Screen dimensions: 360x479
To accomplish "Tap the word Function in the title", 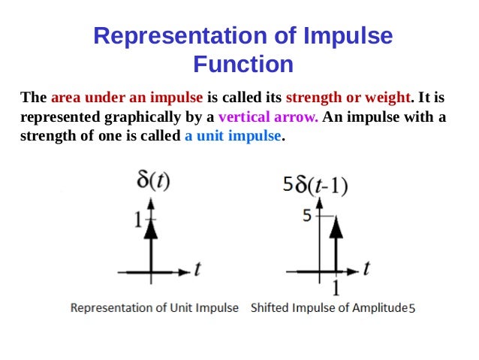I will tap(243, 65).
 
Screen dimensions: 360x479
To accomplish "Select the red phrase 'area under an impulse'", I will tap(127, 98).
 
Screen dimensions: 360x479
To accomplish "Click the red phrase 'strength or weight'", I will tap(349, 98).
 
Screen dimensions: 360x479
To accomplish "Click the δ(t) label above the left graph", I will tap(153, 182).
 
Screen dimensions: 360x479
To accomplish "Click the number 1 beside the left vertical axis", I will tap(139, 220).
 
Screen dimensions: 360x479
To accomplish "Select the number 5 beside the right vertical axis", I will tap(306, 216).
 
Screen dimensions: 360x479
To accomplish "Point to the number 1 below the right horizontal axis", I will tap(335, 287).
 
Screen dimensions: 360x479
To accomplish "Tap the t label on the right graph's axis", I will tap(367, 268).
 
